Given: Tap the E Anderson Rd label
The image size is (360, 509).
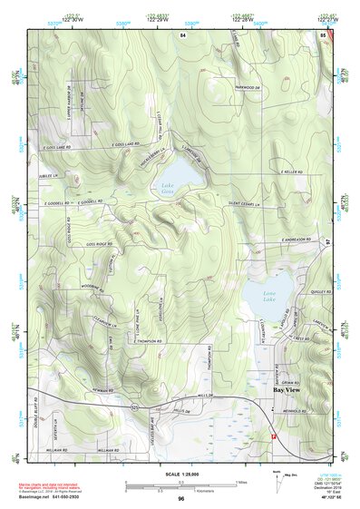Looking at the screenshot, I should (296, 240).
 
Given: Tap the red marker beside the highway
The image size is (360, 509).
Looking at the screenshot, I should (270, 437).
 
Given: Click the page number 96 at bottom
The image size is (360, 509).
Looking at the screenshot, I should (181, 498).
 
